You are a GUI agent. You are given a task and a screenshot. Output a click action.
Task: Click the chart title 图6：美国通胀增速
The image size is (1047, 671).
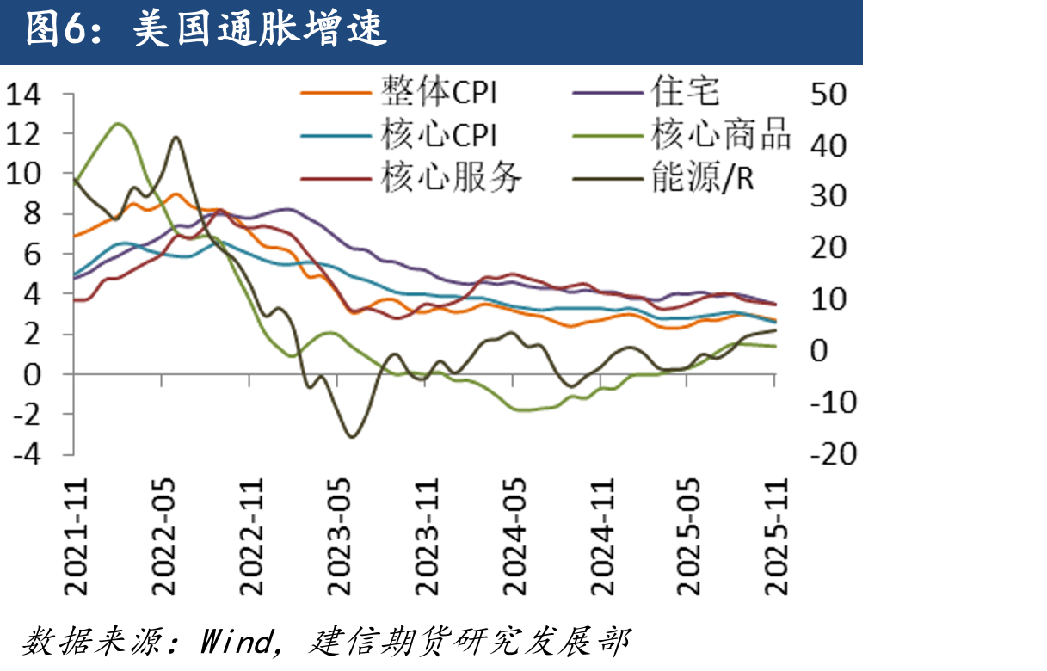206,29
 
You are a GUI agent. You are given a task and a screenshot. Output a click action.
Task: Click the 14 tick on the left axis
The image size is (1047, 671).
23,95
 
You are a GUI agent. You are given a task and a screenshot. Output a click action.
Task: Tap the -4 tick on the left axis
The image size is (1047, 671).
28,454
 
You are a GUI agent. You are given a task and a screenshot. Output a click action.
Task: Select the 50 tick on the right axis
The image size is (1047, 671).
828,95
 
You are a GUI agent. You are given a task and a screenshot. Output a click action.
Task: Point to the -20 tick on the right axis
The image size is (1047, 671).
834,454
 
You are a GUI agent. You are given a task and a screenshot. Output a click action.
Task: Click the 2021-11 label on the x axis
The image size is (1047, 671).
76,537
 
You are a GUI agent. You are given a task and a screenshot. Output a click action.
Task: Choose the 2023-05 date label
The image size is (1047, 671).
339,537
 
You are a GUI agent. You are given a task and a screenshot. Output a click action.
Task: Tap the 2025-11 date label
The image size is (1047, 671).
776,537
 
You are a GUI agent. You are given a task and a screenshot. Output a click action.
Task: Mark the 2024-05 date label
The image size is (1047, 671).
514,537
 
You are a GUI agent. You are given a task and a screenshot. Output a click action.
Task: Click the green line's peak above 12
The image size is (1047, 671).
118,124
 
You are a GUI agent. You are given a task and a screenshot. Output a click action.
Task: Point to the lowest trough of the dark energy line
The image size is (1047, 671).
352,437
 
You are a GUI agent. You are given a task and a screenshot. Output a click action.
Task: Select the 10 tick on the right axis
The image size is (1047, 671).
828,299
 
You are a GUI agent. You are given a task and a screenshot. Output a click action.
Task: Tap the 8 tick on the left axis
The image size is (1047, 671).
32,214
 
